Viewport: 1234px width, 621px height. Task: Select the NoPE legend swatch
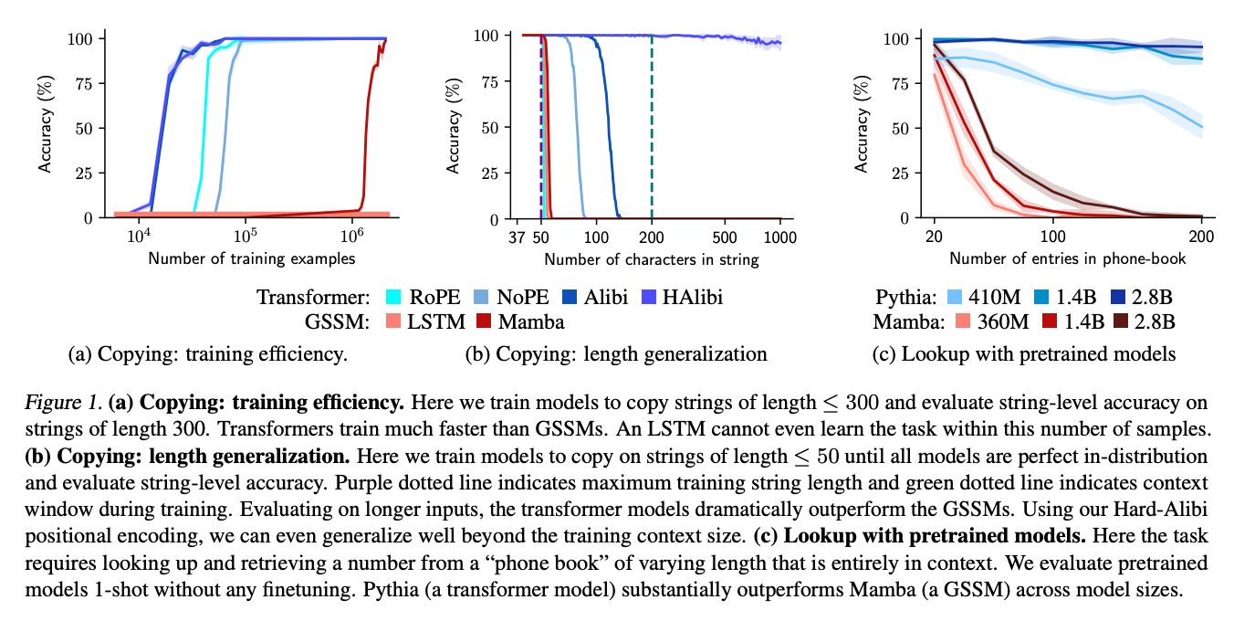tap(485, 297)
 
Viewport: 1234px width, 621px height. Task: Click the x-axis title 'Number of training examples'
tap(252, 258)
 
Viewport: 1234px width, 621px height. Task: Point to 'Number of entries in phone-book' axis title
tap(1068, 258)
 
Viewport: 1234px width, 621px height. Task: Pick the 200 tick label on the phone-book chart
tap(1201, 237)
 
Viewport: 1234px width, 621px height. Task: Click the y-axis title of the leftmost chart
tap(44, 127)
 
